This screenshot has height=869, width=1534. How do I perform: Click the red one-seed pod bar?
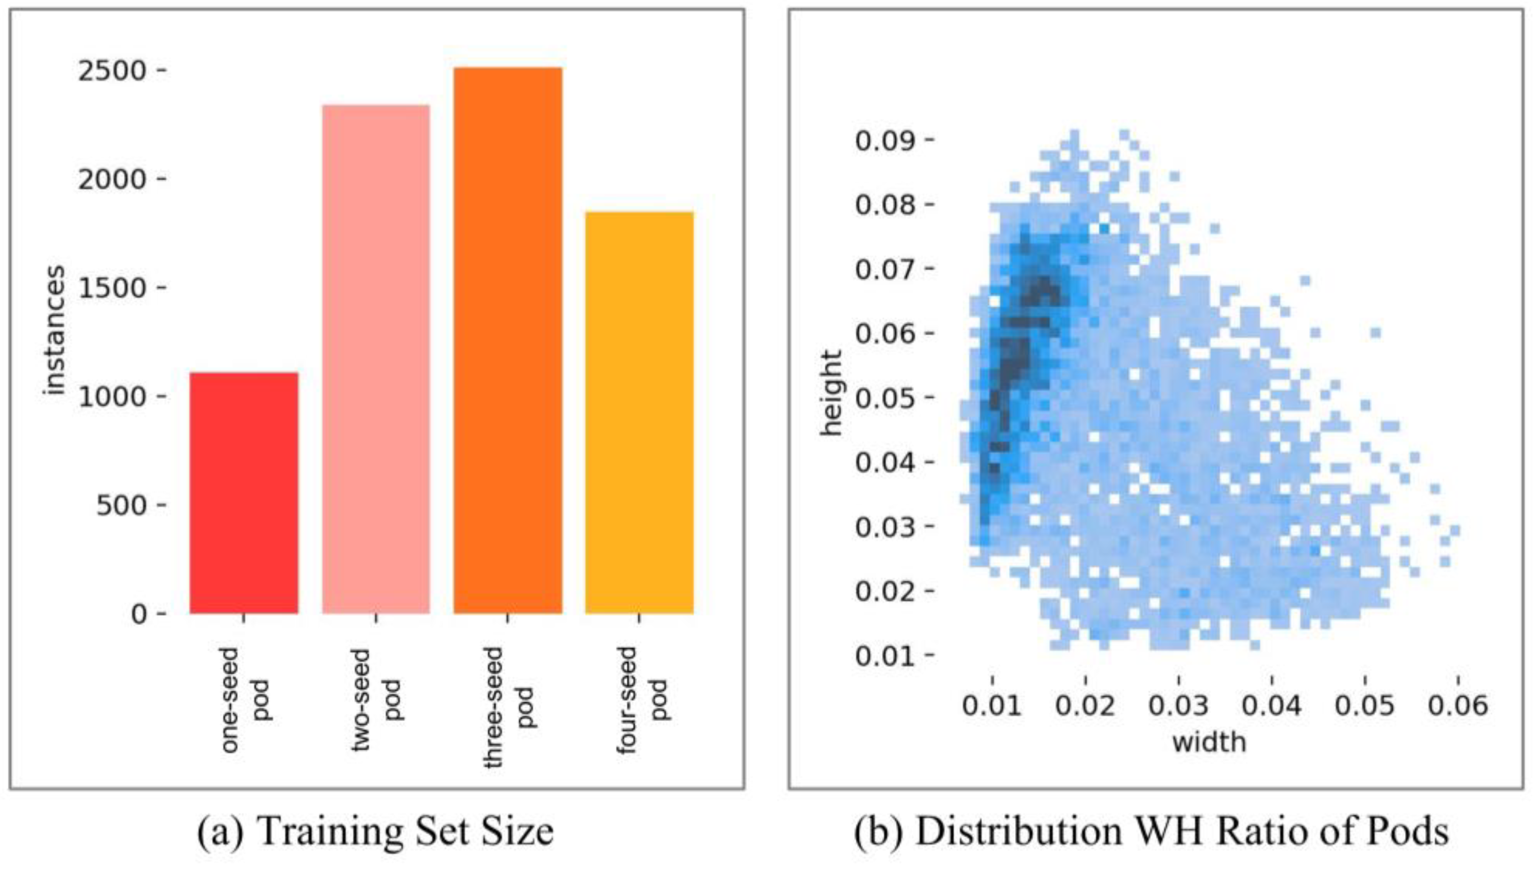click(x=244, y=493)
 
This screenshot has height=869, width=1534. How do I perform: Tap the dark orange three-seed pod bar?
click(x=508, y=341)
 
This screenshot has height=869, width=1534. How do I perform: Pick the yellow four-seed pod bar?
click(x=639, y=413)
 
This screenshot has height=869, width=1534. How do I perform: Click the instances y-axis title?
click(x=54, y=331)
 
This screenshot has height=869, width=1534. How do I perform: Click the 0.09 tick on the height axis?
click(x=885, y=141)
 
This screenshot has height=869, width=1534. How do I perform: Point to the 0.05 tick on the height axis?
click(x=885, y=398)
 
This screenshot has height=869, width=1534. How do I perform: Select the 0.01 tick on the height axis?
click(x=885, y=655)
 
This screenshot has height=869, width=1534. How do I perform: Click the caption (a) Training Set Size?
click(x=376, y=831)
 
